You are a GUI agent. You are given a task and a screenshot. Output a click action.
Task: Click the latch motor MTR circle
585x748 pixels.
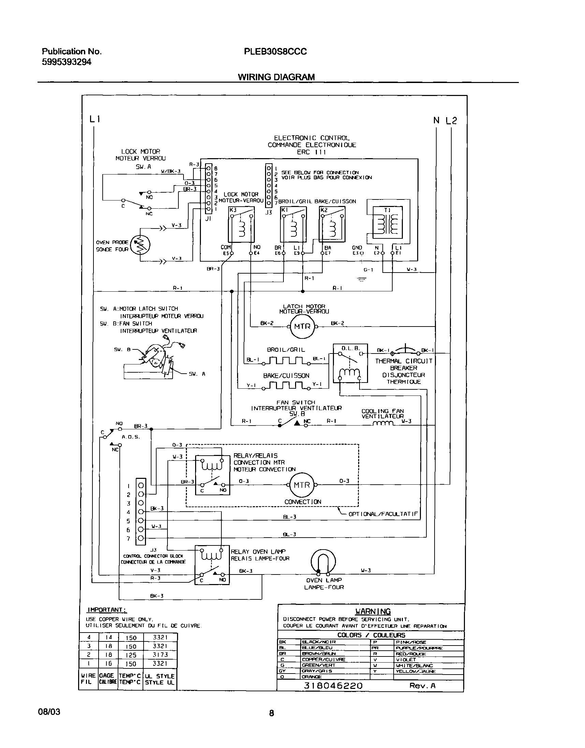[302, 327]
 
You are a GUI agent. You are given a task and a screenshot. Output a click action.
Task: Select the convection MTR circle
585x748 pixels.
[302, 485]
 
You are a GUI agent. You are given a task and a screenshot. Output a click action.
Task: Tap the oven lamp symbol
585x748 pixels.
[323, 562]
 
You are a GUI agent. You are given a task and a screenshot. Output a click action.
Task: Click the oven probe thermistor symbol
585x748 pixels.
[140, 245]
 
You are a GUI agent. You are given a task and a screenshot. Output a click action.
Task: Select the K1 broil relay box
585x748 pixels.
[293, 225]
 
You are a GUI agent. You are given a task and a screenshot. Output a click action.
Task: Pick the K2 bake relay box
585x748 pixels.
[332, 225]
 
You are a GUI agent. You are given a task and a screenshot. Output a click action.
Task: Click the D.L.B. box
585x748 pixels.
[350, 363]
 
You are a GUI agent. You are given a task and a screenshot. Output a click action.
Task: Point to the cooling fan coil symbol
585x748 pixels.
[384, 424]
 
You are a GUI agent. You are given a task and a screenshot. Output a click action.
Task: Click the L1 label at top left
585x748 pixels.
[94, 119]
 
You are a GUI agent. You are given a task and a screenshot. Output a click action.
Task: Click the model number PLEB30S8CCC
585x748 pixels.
[275, 52]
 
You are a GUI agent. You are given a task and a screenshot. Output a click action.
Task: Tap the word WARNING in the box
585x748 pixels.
[372, 611]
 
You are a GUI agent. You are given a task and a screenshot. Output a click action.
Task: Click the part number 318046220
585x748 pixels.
[333, 685]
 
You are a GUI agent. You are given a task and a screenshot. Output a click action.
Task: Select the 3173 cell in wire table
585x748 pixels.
[160, 654]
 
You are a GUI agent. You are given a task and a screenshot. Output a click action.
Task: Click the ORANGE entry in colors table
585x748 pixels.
[311, 677]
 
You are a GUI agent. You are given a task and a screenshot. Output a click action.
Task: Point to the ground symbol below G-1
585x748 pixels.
[362, 280]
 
